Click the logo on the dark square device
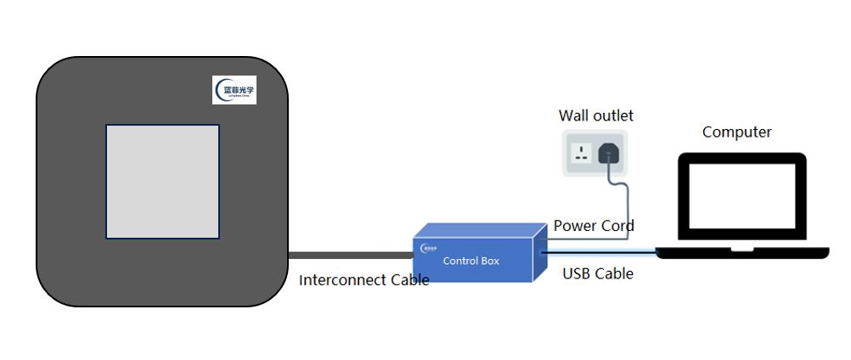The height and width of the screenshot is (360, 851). click(234, 90)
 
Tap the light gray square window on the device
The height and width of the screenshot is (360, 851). click(162, 182)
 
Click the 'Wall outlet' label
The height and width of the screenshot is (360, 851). click(595, 115)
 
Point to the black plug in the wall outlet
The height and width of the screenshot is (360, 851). click(609, 153)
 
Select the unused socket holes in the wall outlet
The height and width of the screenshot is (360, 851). click(583, 154)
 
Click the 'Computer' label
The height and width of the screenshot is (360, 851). click(736, 132)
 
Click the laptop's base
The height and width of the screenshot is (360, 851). click(741, 252)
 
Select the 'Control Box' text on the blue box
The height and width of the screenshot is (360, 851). click(471, 261)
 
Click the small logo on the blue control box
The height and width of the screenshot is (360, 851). click(428, 248)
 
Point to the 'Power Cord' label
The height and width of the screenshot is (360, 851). click(594, 226)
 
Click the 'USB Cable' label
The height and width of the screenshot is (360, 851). click(598, 273)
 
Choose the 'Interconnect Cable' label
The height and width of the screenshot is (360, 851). click(364, 279)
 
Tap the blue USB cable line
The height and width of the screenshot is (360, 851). click(599, 251)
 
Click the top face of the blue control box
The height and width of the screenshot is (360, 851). click(481, 232)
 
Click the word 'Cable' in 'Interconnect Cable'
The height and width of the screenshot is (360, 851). click(409, 279)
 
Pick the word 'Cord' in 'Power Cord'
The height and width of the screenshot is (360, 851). click(617, 226)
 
